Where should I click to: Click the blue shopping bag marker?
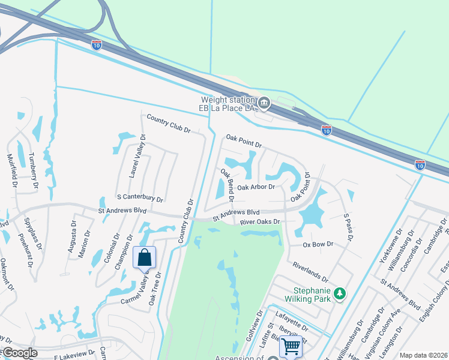144,258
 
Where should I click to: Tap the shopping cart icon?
291,346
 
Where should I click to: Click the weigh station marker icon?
263,104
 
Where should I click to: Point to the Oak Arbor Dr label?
256,187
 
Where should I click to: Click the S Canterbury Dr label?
140,197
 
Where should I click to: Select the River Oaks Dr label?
260,222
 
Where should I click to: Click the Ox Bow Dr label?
318,245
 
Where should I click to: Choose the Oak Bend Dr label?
226,184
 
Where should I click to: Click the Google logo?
19,353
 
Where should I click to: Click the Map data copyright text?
423,355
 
